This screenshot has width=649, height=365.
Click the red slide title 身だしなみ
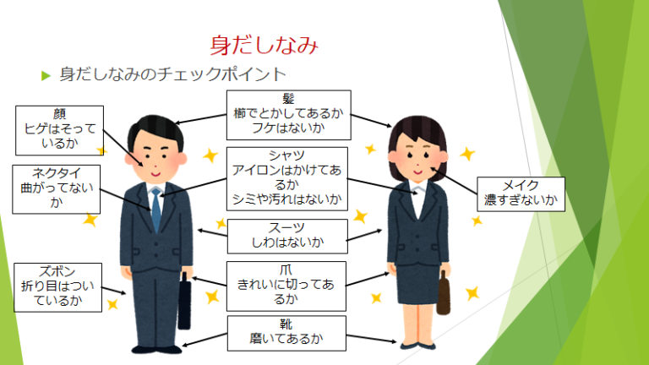264,43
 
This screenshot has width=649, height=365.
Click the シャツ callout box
286,178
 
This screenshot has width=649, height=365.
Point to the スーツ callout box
288,236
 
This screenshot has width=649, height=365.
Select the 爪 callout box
286,284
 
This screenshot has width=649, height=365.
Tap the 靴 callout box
286,334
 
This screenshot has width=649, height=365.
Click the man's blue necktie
155,211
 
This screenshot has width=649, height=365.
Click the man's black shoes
156,346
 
